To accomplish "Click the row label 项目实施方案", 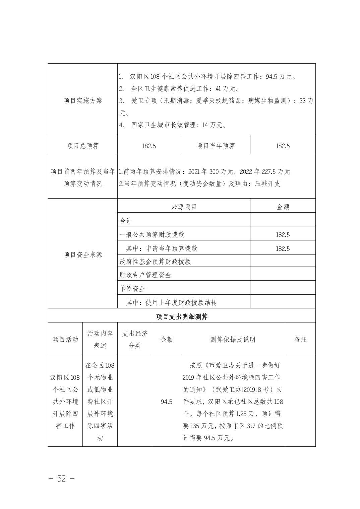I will click(83, 101).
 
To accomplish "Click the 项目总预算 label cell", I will click(83, 146).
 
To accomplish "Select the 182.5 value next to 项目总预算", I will click(149, 146).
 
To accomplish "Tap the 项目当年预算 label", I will click(216, 146).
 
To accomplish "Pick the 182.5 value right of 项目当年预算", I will click(283, 146).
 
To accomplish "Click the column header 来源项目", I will click(184, 207).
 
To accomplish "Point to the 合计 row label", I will click(126, 221).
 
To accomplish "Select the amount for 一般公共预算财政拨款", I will click(283, 235).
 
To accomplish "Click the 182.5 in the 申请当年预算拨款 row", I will click(283, 248).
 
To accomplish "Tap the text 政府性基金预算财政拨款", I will click(155, 262).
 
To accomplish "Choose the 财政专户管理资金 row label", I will click(145, 275).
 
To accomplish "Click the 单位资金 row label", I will click(132, 289).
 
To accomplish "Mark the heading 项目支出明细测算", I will click(182, 316).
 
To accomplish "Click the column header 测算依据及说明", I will click(233, 340).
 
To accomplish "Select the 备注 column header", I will click(300, 340).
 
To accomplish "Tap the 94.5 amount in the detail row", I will click(166, 402).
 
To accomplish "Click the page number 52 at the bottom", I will click(61, 479).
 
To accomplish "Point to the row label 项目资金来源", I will click(83, 255).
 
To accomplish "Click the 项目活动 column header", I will click(65, 340).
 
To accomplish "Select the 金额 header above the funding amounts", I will click(283, 207).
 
